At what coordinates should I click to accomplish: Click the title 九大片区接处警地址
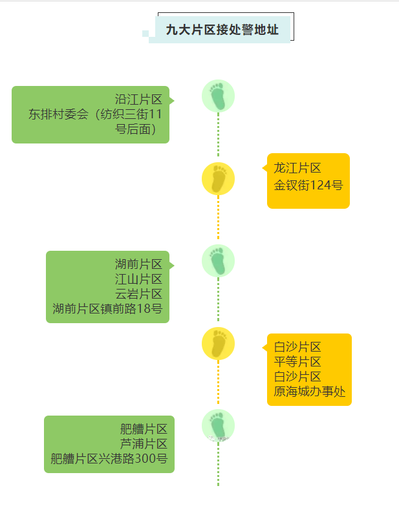[x=222, y=30]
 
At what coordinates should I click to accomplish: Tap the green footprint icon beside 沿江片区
[x=218, y=96]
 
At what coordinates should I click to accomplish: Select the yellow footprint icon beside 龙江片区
[x=218, y=179]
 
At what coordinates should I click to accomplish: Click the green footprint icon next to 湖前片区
[x=218, y=261]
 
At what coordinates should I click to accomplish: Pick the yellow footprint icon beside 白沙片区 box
[x=218, y=344]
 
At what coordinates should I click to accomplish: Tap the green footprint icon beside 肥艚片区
[x=218, y=426]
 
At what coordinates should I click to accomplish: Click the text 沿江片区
[x=138, y=100]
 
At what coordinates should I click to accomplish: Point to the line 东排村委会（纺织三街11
[x=95, y=114]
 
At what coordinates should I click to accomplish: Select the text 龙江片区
[x=297, y=168]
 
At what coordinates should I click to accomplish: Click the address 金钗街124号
[x=308, y=185]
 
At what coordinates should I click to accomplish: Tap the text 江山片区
[x=138, y=279]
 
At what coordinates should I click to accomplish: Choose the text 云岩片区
[x=138, y=294]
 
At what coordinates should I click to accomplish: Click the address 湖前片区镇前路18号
[x=107, y=309]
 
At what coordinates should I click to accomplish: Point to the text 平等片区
[x=297, y=362]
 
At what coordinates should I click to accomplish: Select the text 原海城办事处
[x=310, y=392]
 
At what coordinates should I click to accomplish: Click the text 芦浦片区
[x=144, y=444]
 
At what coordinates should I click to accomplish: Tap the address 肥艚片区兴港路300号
[x=109, y=459]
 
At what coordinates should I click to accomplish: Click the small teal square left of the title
[x=146, y=33]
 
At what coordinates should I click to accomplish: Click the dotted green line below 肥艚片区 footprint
[x=218, y=465]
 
